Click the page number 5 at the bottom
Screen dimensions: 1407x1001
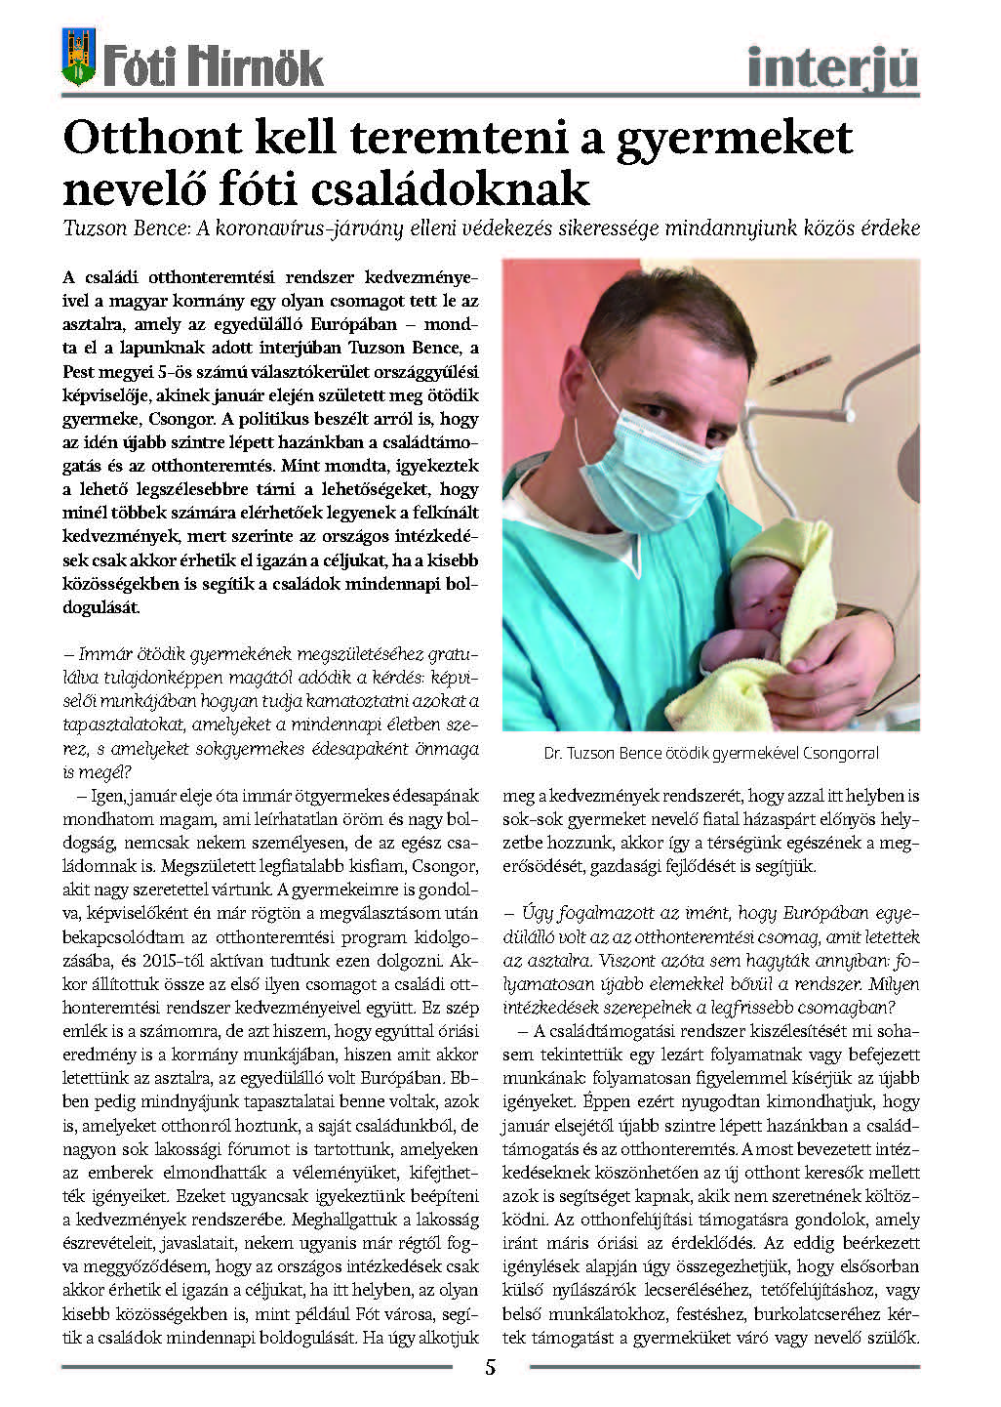click(x=491, y=1366)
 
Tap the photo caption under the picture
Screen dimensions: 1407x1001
click(x=711, y=754)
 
